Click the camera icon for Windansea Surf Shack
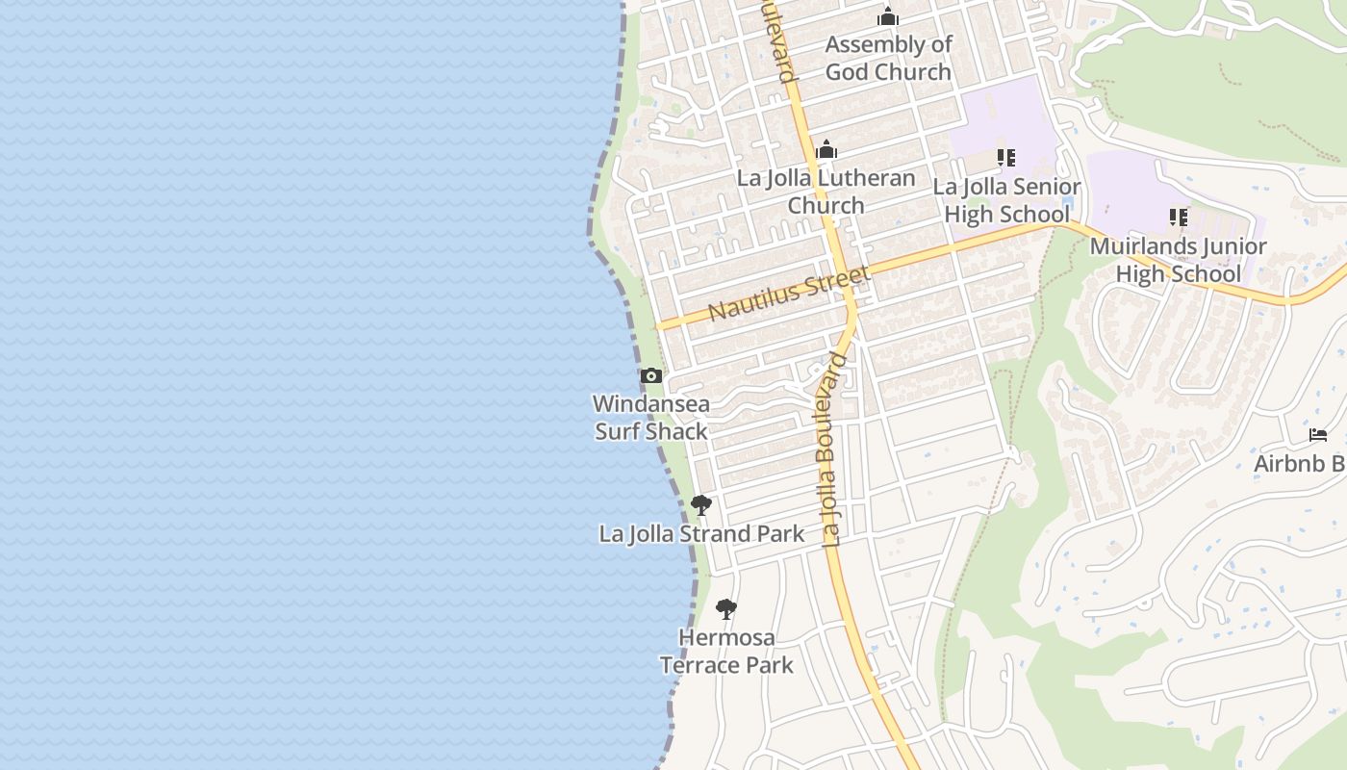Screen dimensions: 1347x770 pyautogui.click(x=651, y=376)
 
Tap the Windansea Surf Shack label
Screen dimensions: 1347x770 pyautogui.click(x=651, y=418)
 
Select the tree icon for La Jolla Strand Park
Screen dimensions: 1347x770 pyautogui.click(x=701, y=505)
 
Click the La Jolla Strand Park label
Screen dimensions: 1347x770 pyautogui.click(x=701, y=533)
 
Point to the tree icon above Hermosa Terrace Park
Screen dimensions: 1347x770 pyautogui.click(x=726, y=609)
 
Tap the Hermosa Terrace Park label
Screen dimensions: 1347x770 pyautogui.click(x=726, y=651)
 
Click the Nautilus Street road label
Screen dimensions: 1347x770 pyautogui.click(x=789, y=293)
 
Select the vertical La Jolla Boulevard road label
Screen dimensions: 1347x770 pyautogui.click(x=833, y=450)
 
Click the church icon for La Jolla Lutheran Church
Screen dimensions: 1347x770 pyautogui.click(x=826, y=150)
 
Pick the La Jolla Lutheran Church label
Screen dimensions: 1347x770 pyautogui.click(x=826, y=192)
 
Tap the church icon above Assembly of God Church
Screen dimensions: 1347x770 pyautogui.click(x=888, y=17)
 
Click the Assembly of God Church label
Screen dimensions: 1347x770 pyautogui.click(x=888, y=58)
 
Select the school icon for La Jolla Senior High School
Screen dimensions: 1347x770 pyautogui.click(x=1006, y=158)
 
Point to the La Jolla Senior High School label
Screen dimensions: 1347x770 pyautogui.click(x=1006, y=199)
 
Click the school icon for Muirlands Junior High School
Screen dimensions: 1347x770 pyautogui.click(x=1179, y=218)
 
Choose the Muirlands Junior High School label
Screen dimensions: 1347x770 pyautogui.click(x=1179, y=260)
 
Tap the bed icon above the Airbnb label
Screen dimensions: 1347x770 pyautogui.click(x=1318, y=435)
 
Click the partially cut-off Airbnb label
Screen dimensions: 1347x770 pyautogui.click(x=1300, y=464)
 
